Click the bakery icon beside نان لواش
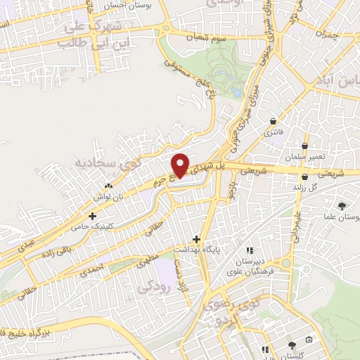click(108, 185)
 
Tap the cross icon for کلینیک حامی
click(92, 216)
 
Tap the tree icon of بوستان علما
click(341, 206)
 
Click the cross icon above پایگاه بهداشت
click(196, 239)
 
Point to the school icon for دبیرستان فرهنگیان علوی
click(248, 250)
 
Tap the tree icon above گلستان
click(292, 345)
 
